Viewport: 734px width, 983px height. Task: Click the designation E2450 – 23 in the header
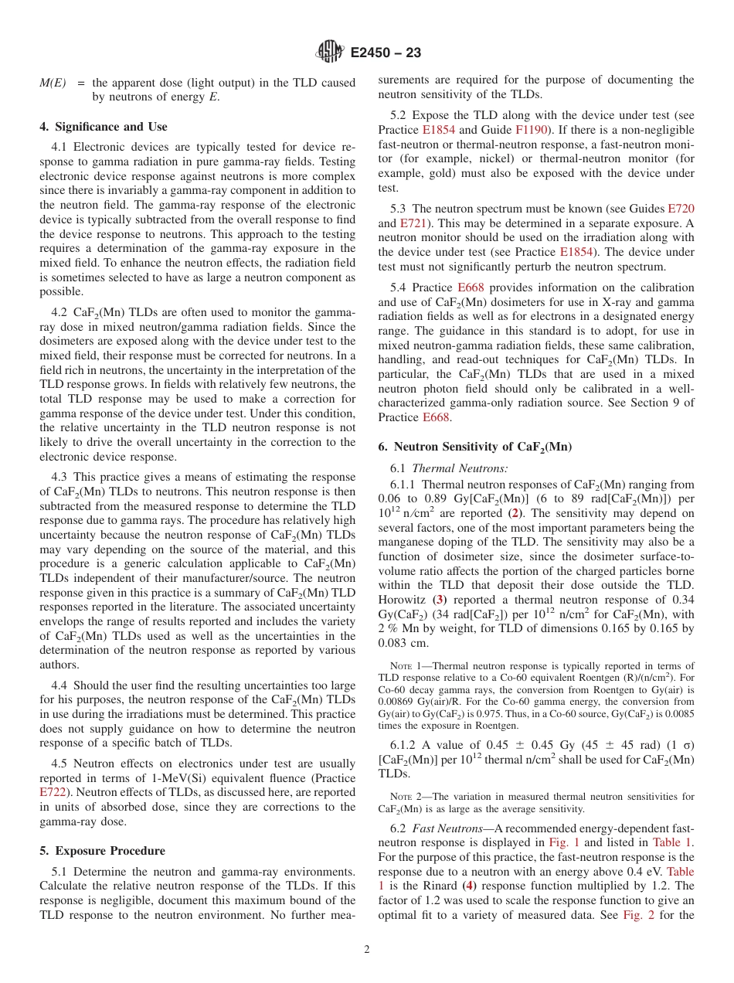[x=386, y=53]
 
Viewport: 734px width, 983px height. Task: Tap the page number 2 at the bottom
[x=367, y=950]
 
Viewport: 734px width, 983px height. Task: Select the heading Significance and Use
[x=103, y=127]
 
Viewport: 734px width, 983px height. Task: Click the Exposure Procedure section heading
[x=102, y=851]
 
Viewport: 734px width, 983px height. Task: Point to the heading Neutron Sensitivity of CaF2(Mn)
[x=474, y=447]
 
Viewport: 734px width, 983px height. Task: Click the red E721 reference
[x=412, y=223]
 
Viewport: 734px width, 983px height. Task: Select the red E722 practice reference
[x=53, y=792]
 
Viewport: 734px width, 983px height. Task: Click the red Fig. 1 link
[x=563, y=842]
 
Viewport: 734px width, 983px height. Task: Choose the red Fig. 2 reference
[x=637, y=915]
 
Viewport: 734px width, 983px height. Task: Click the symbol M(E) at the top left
[x=53, y=83]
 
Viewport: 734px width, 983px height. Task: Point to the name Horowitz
[x=403, y=600]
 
